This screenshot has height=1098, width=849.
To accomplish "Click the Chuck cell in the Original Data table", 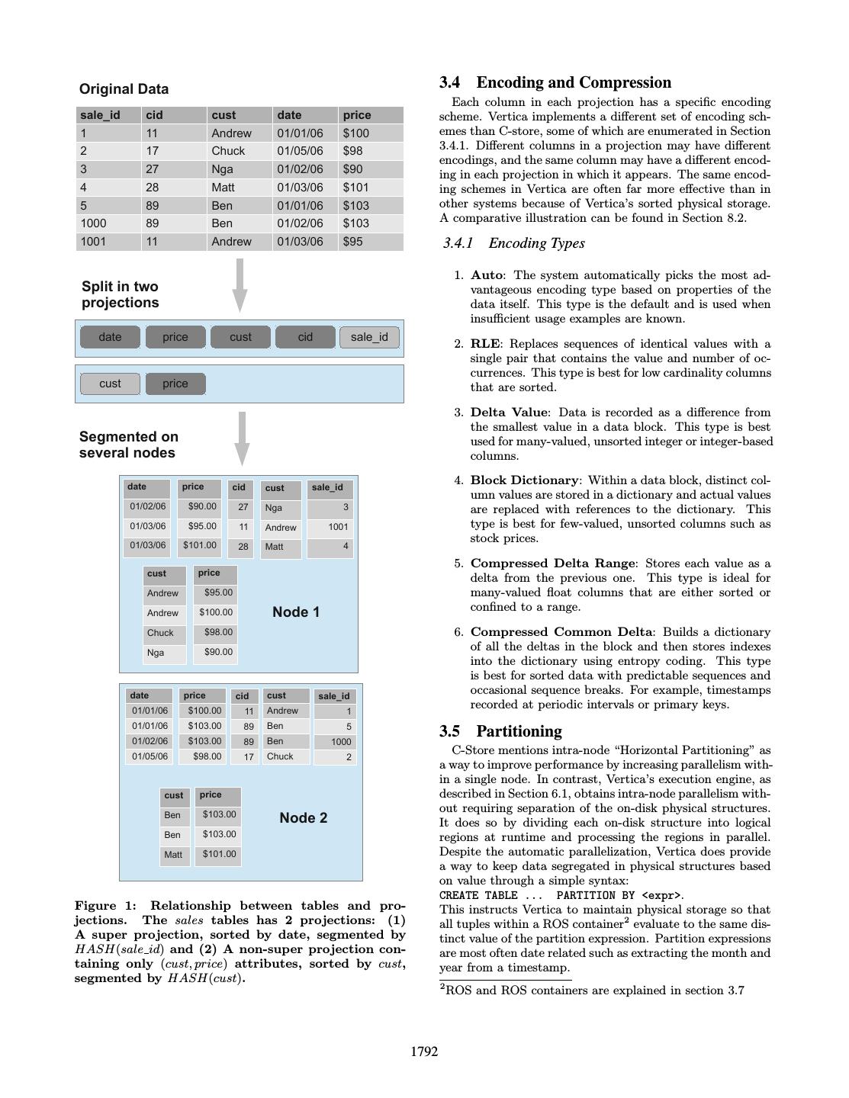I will (x=228, y=151).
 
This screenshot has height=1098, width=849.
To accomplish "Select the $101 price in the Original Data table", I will (x=355, y=188).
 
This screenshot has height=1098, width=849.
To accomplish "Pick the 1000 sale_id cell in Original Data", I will (x=93, y=223).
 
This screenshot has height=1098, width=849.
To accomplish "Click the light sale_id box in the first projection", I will (x=369, y=337).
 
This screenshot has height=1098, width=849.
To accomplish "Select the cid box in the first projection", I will (x=305, y=337).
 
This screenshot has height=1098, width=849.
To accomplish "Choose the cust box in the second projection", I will (x=110, y=384).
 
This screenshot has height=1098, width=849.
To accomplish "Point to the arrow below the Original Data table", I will (x=240, y=284).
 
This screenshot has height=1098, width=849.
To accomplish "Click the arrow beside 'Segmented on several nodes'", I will (x=242, y=438).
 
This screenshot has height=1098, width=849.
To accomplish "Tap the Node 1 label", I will (x=296, y=612).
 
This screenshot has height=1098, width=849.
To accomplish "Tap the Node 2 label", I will (x=304, y=818).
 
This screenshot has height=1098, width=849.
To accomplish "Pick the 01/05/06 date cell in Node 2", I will (x=150, y=756).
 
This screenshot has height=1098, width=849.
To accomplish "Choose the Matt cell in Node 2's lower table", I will (x=173, y=855).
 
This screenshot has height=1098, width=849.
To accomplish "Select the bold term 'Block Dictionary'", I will (x=524, y=480).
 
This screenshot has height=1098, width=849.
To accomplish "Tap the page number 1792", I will (x=424, y=1052).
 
